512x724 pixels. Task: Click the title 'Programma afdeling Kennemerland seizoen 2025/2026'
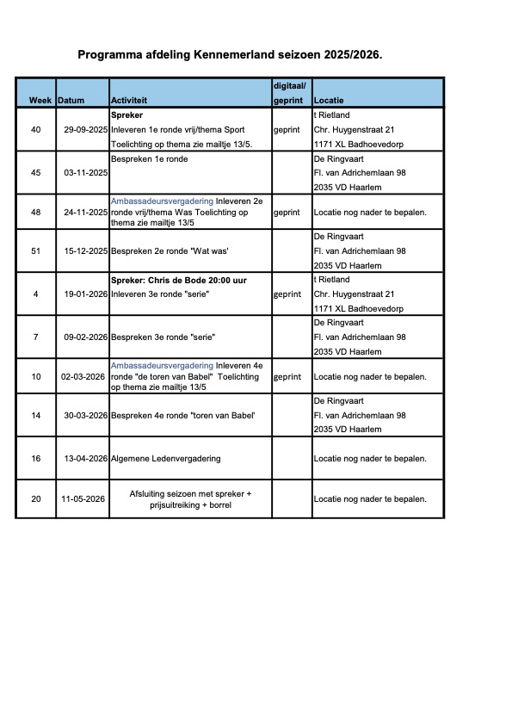[x=230, y=54]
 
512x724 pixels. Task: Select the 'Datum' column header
[x=71, y=101]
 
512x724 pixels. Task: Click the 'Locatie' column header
[x=329, y=101]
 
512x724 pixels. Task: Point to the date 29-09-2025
[x=83, y=130]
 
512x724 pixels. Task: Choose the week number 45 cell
[x=35, y=172]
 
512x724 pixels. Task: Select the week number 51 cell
[x=35, y=251]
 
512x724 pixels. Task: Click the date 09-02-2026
[x=83, y=336]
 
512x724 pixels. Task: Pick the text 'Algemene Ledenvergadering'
[x=166, y=458]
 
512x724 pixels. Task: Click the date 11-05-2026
[x=83, y=498]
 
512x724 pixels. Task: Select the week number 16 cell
[x=35, y=458]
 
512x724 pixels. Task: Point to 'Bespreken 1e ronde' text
[x=149, y=159]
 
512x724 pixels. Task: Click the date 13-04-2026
[x=83, y=458]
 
